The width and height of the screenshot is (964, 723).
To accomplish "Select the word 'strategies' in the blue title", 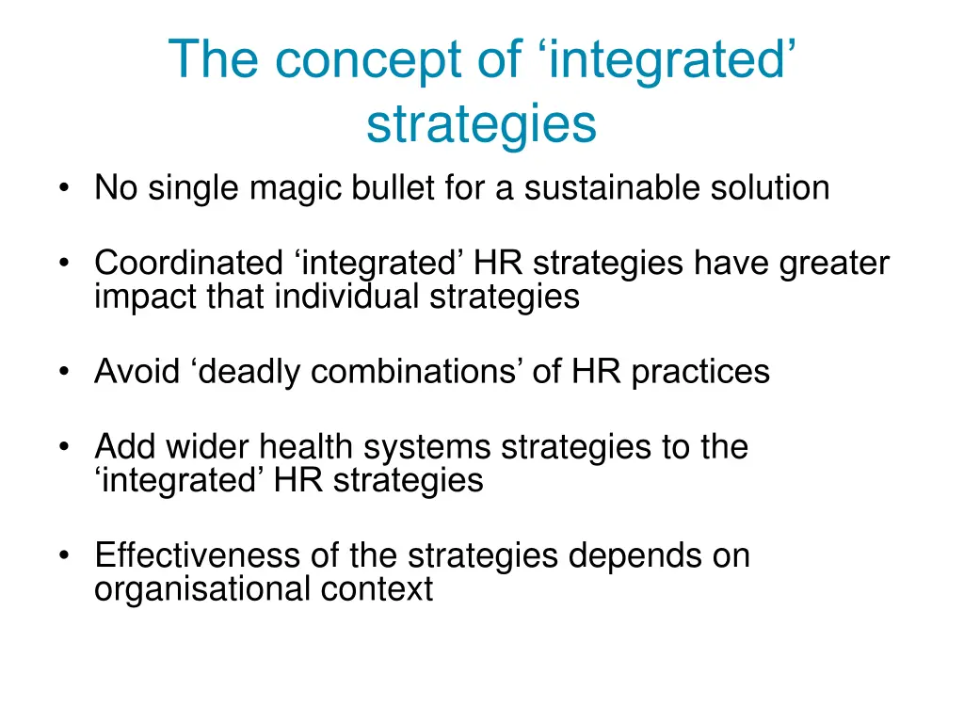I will [481, 124].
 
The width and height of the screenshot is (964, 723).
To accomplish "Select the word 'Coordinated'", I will [188, 263].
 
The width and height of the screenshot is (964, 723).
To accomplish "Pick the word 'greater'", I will [833, 264].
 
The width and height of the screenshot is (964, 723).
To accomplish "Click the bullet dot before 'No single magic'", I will [63, 189].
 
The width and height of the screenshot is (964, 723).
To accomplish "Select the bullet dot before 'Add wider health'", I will [63, 447].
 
